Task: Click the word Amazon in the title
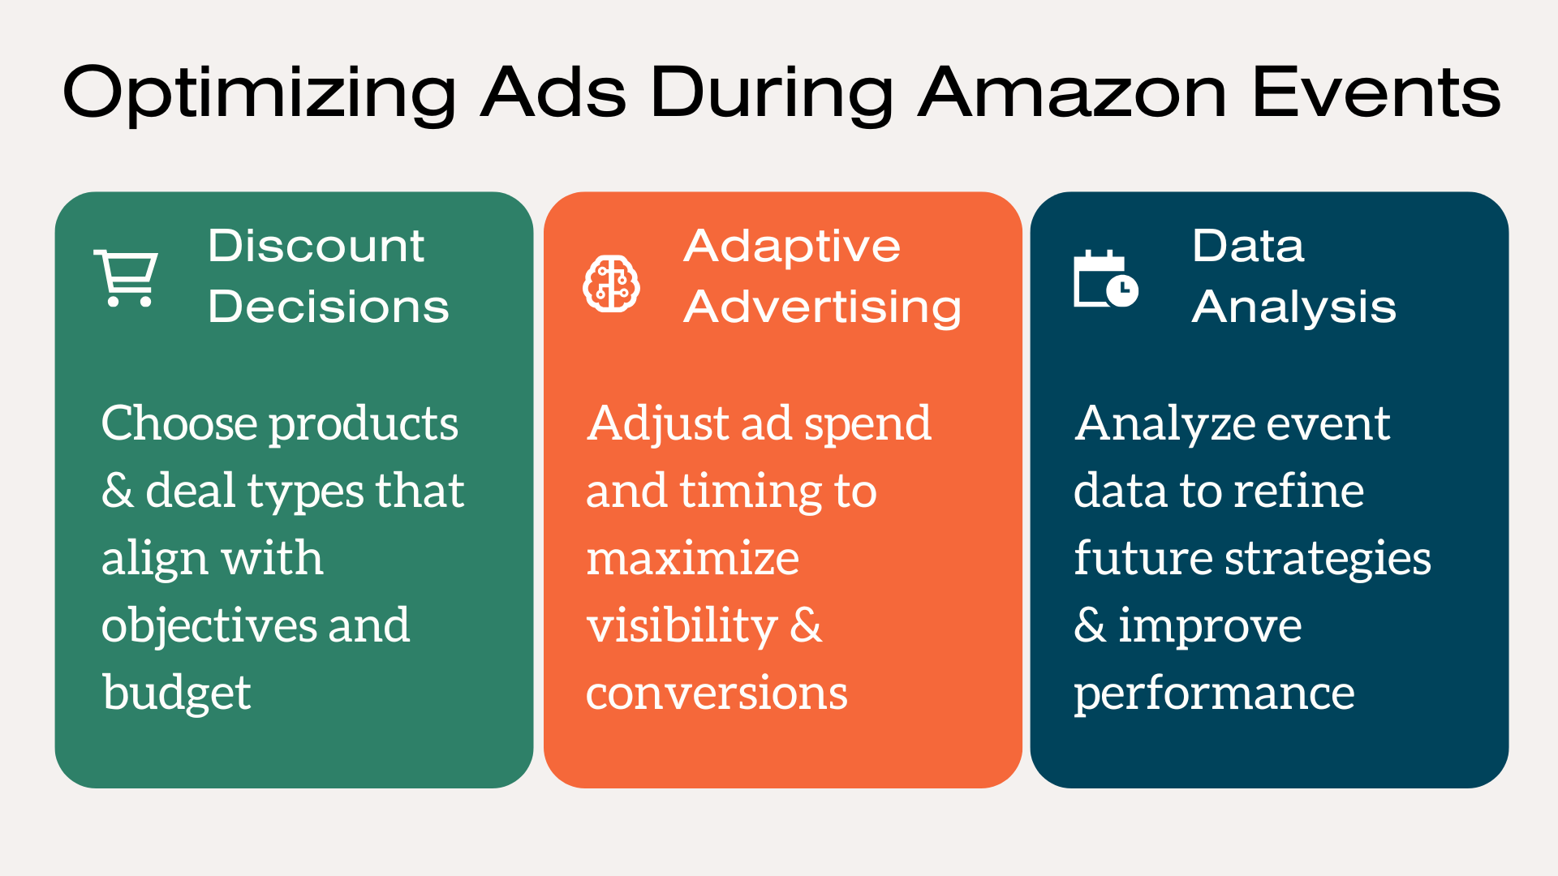1073,92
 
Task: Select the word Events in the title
1377,92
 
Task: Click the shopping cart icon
126,278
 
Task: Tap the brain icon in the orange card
612,284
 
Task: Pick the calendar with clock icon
1105,278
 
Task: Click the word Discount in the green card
316,245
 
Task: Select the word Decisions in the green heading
329,307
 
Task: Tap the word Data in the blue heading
1248,245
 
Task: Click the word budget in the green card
177,693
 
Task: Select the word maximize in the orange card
693,559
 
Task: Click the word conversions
717,694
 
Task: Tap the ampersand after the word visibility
806,625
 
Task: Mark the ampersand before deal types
118,491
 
